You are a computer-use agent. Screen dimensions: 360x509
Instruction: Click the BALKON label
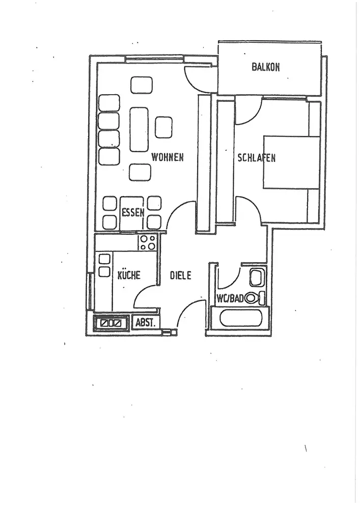[x=266, y=67]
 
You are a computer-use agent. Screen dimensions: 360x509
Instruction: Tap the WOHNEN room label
[x=167, y=157]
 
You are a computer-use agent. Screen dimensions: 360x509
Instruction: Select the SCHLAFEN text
[x=257, y=158]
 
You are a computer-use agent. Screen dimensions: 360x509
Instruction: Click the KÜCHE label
[x=129, y=275]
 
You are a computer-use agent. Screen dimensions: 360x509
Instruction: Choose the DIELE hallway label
[x=181, y=275]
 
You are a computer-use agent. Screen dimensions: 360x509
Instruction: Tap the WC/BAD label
[x=230, y=298]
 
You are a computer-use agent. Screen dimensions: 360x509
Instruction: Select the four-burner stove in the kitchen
[x=148, y=242]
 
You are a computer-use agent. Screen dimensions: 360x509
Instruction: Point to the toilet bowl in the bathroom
[x=253, y=298]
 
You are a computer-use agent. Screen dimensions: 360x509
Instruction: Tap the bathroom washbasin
[x=256, y=278]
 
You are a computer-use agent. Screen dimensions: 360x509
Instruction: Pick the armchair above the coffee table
[x=142, y=85]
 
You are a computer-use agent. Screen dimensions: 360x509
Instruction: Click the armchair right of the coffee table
[x=163, y=127]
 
